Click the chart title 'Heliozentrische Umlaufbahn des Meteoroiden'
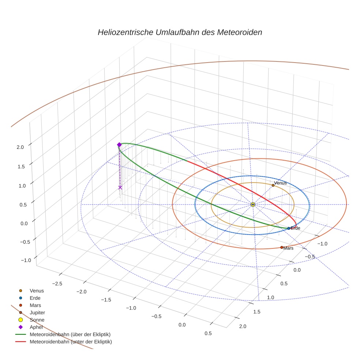click(x=180, y=32)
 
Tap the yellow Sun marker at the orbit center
click(x=253, y=204)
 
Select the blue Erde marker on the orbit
click(x=289, y=228)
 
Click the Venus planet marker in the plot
click(x=273, y=185)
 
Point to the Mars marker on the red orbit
click(x=282, y=247)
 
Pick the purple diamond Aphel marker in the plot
click(x=119, y=145)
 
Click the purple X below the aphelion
click(x=120, y=187)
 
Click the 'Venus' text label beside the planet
click(x=281, y=183)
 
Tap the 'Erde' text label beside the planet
click(x=295, y=228)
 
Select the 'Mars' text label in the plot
click(x=288, y=248)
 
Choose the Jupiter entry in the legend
click(x=37, y=312)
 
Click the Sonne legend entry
click(x=37, y=320)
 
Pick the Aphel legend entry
click(x=36, y=327)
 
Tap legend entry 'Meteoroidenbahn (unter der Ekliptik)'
click(x=71, y=342)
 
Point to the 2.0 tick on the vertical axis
click(x=20, y=147)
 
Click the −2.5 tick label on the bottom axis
click(x=57, y=284)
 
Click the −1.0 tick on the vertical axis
click(x=26, y=260)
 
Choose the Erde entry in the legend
click(x=35, y=298)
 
